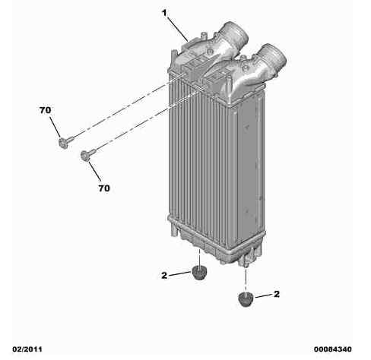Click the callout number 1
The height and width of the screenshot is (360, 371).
[x=163, y=13]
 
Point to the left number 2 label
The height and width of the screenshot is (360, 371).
[x=164, y=277]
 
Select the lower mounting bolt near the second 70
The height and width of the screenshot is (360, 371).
[x=85, y=156]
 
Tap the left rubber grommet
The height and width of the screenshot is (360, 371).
[x=200, y=273]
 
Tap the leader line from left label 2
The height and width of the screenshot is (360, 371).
[x=181, y=275]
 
